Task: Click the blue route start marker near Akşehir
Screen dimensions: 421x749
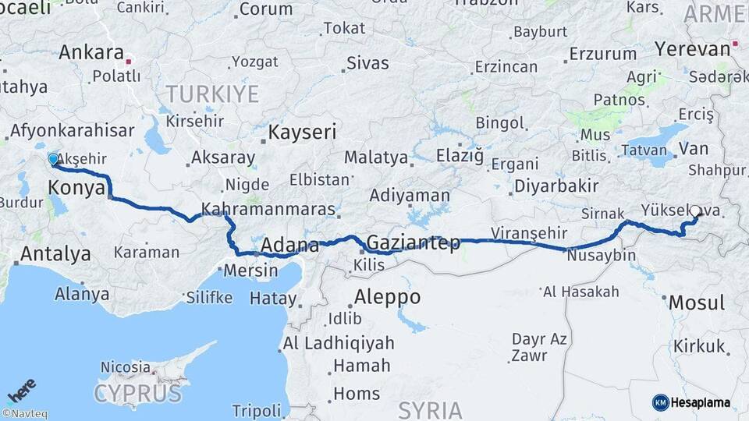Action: coord(53,159)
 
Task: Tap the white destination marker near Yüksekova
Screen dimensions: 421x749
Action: coord(695,210)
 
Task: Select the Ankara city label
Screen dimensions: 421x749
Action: coord(91,53)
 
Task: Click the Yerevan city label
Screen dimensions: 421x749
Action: coord(693,48)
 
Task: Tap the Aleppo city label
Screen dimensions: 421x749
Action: coord(387,296)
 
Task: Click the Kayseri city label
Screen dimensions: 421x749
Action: coord(302,132)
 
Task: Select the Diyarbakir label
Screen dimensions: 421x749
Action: coord(556,186)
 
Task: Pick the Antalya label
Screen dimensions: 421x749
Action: coord(55,253)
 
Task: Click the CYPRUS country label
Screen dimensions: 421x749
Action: coord(138,393)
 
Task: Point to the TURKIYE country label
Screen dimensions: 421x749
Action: coord(211,95)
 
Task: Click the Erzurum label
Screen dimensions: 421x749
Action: coord(602,54)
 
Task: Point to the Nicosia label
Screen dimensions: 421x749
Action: coord(125,366)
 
